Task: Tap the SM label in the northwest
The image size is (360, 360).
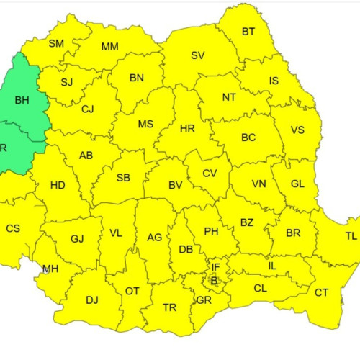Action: coord(56,43)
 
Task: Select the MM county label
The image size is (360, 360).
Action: coord(109,47)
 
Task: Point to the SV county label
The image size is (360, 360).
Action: coord(198,55)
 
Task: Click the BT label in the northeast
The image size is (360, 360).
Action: coord(248,32)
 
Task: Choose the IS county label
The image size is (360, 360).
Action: coord(274,81)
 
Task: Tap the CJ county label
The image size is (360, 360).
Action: coord(88,109)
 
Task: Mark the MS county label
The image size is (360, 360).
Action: coord(145,124)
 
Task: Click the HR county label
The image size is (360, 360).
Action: coord(187,129)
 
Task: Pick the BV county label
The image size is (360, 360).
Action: coord(175,185)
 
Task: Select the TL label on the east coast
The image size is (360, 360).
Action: coord(351,235)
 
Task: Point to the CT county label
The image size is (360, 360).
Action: coord(321,292)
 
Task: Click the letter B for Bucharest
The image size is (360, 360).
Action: coord(214,280)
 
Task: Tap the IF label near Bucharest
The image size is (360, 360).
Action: coord(215,267)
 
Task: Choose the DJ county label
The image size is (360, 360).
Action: coord(92,300)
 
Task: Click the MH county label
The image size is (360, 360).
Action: coord(50,269)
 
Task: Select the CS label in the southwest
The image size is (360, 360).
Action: coord(13,228)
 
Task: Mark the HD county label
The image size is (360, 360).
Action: coord(58,186)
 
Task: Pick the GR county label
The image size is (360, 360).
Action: coord(204,300)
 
